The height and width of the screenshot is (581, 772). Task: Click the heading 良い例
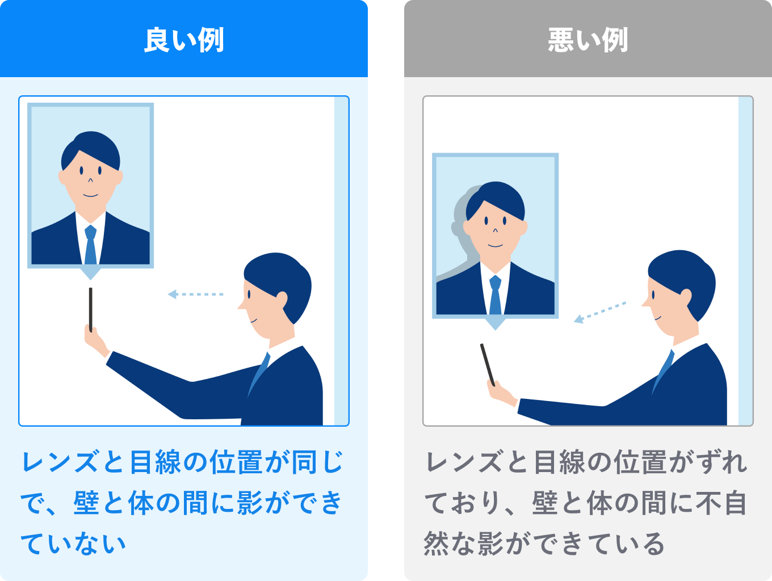pyautogui.click(x=184, y=40)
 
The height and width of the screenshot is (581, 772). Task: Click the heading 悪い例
pyautogui.click(x=588, y=40)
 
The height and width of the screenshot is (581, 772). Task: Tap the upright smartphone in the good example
pyautogui.click(x=90, y=310)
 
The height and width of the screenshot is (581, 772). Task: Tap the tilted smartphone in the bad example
pyautogui.click(x=488, y=365)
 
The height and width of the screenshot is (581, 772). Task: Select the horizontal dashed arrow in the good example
pyautogui.click(x=195, y=294)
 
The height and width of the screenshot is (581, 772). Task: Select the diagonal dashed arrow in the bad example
pyautogui.click(x=600, y=312)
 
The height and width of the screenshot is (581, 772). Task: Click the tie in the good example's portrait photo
pyautogui.click(x=90, y=245)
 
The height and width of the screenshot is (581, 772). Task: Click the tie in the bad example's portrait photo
pyautogui.click(x=495, y=294)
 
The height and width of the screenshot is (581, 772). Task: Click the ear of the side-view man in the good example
pyautogui.click(x=282, y=300)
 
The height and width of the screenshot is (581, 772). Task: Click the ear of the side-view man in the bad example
pyautogui.click(x=686, y=297)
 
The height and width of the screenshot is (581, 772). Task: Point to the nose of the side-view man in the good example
pyautogui.click(x=241, y=305)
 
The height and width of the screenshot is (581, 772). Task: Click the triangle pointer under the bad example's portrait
pyautogui.click(x=495, y=324)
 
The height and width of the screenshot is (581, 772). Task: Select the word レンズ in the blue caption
pyautogui.click(x=60, y=461)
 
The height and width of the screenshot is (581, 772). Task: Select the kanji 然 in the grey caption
pyautogui.click(x=436, y=544)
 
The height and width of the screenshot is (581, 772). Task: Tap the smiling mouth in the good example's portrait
pyautogui.click(x=90, y=195)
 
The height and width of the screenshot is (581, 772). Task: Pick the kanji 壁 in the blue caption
pyautogui.click(x=86, y=503)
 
